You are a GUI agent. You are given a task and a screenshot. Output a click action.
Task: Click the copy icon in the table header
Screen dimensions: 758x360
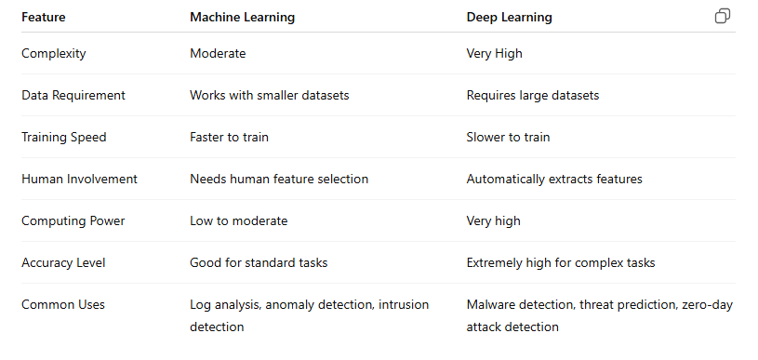(x=723, y=17)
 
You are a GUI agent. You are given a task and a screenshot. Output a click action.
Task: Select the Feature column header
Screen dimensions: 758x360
(x=45, y=17)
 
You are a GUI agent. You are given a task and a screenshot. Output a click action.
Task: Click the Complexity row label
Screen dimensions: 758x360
(x=54, y=53)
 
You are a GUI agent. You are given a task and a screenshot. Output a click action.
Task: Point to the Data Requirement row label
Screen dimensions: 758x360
(x=73, y=95)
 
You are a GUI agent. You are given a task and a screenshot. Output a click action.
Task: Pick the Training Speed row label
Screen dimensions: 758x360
(x=64, y=137)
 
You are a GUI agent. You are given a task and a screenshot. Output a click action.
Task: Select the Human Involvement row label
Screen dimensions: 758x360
(x=79, y=179)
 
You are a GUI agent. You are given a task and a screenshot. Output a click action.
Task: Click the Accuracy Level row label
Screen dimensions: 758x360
(x=63, y=262)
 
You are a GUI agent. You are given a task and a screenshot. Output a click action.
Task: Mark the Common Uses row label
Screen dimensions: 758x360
(x=63, y=304)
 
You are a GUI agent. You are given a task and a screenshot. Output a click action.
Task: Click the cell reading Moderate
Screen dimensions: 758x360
(x=218, y=53)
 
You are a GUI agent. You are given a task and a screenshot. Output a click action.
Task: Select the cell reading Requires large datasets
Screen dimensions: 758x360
(x=533, y=95)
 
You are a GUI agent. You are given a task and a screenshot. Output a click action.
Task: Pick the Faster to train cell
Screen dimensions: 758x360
(x=229, y=137)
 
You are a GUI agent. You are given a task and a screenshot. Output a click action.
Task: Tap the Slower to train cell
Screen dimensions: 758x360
(x=508, y=137)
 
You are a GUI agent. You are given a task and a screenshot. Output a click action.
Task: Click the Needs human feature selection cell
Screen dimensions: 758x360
(x=279, y=179)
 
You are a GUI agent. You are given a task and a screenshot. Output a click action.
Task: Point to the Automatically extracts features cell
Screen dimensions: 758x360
(x=554, y=179)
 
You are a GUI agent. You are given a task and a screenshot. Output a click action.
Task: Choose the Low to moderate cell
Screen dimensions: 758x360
(x=238, y=220)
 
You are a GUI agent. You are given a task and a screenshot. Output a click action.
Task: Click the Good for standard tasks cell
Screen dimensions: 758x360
(x=259, y=262)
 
